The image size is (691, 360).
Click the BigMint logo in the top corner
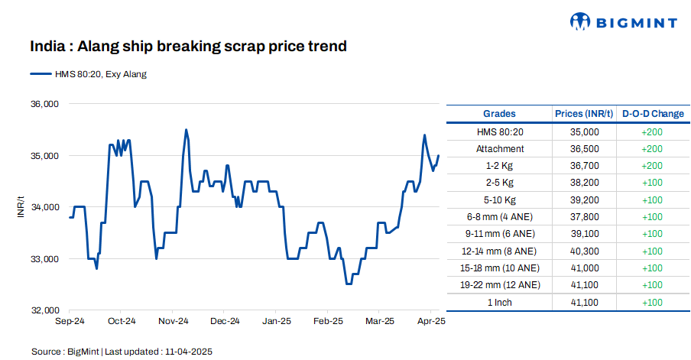click(624, 22)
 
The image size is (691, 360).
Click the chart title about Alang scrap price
click(188, 47)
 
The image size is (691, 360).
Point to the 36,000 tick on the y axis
click(44, 104)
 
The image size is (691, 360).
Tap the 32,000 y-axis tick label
click(44, 310)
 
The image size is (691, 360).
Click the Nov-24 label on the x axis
click(173, 322)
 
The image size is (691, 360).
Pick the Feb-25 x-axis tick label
click(327, 322)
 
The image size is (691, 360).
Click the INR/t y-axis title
click(21, 207)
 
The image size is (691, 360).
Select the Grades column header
click(499, 114)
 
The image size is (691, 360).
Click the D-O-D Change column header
click(653, 114)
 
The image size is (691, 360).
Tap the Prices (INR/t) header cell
click(584, 114)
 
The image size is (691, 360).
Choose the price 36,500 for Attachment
click(584, 149)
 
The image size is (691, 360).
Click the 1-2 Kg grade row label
click(499, 166)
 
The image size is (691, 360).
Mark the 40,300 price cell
click(584, 251)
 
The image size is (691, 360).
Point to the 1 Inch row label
click(499, 303)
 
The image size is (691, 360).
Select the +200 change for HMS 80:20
click(653, 132)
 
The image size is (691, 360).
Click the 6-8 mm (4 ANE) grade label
click(499, 217)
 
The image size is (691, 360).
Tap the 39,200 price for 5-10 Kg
click(584, 200)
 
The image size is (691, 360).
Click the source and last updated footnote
click(122, 352)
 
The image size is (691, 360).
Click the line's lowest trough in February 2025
click(349, 284)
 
